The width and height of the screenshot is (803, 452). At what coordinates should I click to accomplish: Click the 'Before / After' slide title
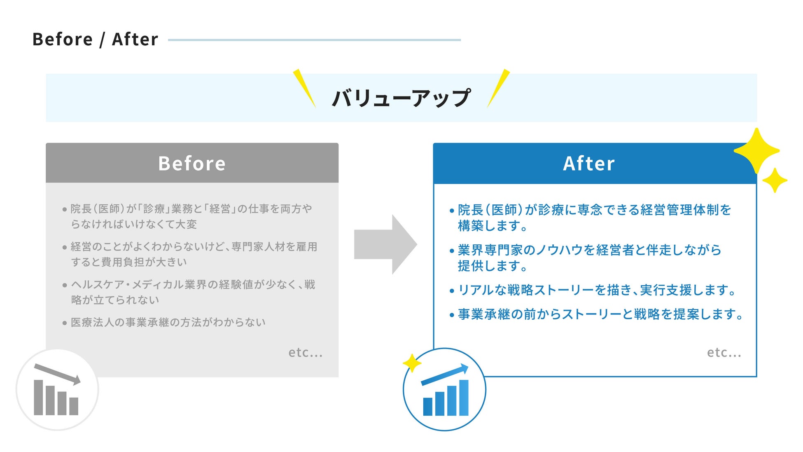(95, 40)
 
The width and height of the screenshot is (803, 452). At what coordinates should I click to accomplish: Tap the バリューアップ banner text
(401, 98)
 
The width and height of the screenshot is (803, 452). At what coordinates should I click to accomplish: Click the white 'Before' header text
(192, 164)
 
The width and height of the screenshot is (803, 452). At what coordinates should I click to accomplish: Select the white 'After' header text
(589, 164)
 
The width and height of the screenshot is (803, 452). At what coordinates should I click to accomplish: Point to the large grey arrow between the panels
(385, 244)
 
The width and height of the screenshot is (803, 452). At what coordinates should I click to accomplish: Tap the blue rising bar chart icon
(445, 390)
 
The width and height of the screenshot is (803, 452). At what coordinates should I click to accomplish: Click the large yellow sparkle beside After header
(756, 151)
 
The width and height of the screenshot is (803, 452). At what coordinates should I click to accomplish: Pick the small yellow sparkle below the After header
(775, 180)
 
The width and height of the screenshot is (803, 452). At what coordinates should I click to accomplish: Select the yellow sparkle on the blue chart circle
(411, 363)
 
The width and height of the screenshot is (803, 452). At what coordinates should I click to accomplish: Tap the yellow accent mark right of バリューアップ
(499, 88)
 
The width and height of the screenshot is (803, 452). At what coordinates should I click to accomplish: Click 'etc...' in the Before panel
(305, 353)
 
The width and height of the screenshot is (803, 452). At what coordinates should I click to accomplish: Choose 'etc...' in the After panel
(724, 353)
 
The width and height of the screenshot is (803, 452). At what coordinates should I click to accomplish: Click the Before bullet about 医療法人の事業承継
(168, 322)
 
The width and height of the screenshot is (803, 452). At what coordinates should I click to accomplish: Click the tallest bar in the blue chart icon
(464, 398)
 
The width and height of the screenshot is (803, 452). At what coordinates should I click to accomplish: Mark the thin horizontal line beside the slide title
(314, 40)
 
